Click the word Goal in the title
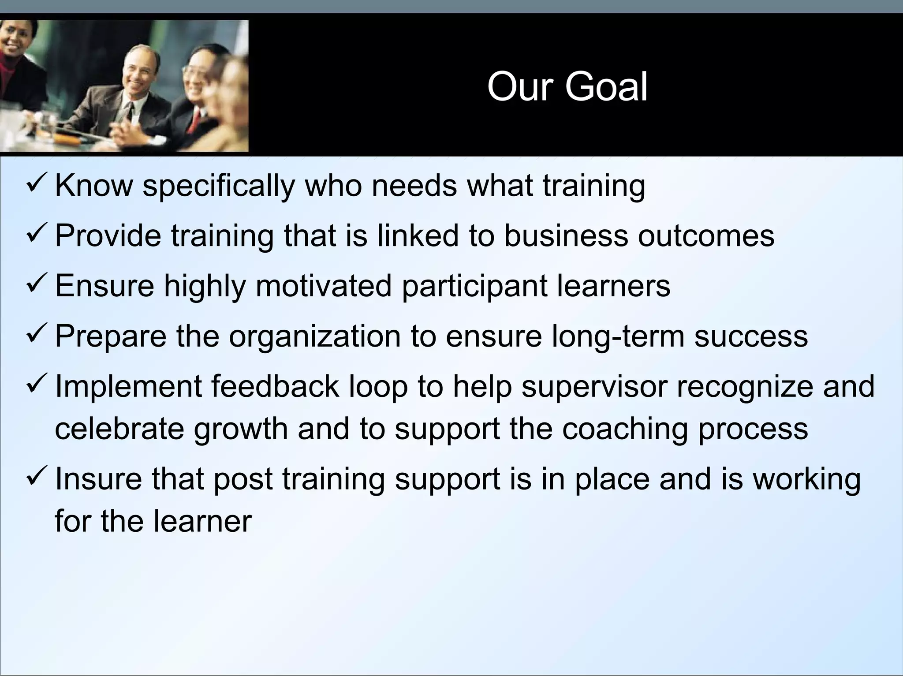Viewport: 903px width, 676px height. pos(606,87)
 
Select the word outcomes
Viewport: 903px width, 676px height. pos(705,235)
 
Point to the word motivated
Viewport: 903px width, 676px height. pos(323,286)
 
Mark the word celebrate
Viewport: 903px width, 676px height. pos(119,429)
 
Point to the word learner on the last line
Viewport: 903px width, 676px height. pos(202,522)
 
